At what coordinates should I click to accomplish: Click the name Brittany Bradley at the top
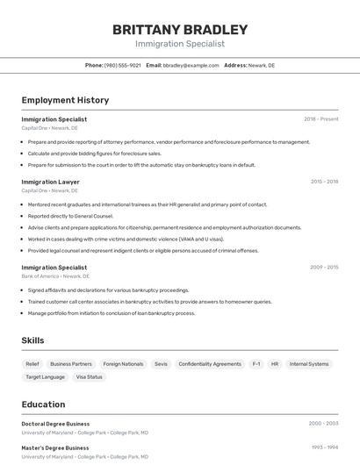coord(180,30)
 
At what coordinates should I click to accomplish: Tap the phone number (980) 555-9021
coord(122,65)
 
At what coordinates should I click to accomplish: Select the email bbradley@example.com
coord(191,65)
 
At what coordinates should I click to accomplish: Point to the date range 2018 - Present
coord(320,118)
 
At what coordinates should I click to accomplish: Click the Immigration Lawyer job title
coord(50,182)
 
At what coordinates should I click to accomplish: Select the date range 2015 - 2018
coord(324,182)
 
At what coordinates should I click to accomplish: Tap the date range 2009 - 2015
coord(324,267)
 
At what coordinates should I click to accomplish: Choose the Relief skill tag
coord(32,363)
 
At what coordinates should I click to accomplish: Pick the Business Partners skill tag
coord(71,363)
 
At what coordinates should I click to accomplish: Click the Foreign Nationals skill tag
coord(123,363)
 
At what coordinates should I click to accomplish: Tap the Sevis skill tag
coord(161,363)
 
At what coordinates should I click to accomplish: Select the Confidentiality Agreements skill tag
coord(209,363)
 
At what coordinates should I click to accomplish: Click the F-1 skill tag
coord(256,363)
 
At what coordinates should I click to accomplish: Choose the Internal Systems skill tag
coord(309,363)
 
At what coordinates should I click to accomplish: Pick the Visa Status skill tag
coord(89,376)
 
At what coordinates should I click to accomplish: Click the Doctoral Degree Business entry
coord(55,424)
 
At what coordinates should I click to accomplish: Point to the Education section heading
coord(43,404)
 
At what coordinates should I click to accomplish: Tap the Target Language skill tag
coord(46,376)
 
